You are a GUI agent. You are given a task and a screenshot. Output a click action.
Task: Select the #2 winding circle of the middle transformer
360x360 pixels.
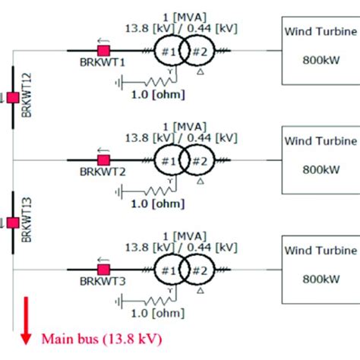point(198,160)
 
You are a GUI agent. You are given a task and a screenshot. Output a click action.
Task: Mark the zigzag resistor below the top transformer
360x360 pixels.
point(151,78)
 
